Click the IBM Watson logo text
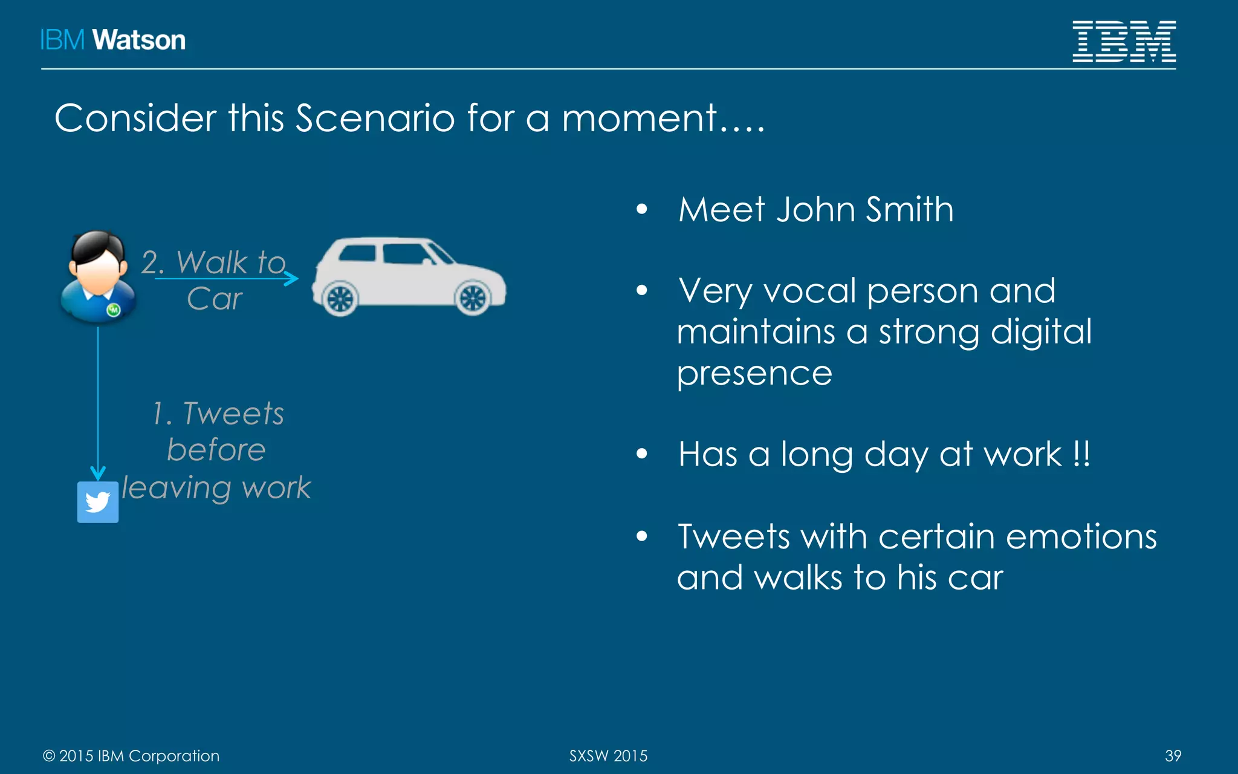(112, 40)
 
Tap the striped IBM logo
(1124, 41)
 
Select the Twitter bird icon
(98, 502)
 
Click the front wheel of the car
(473, 298)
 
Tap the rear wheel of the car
(340, 298)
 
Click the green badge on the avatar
(113, 310)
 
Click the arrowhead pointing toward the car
(292, 279)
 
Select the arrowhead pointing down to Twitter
(98, 473)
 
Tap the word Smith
(909, 210)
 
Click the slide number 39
(1173, 756)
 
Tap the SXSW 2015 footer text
(608, 756)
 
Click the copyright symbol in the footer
(49, 756)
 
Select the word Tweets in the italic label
(233, 414)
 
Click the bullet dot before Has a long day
(642, 454)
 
